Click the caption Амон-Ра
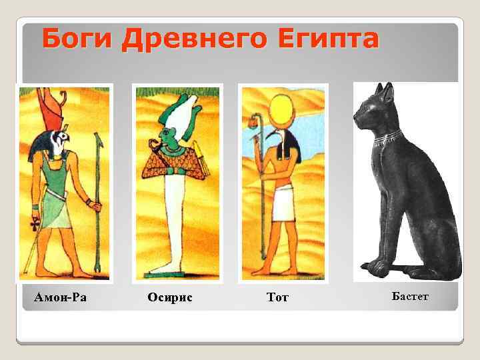(61, 296)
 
